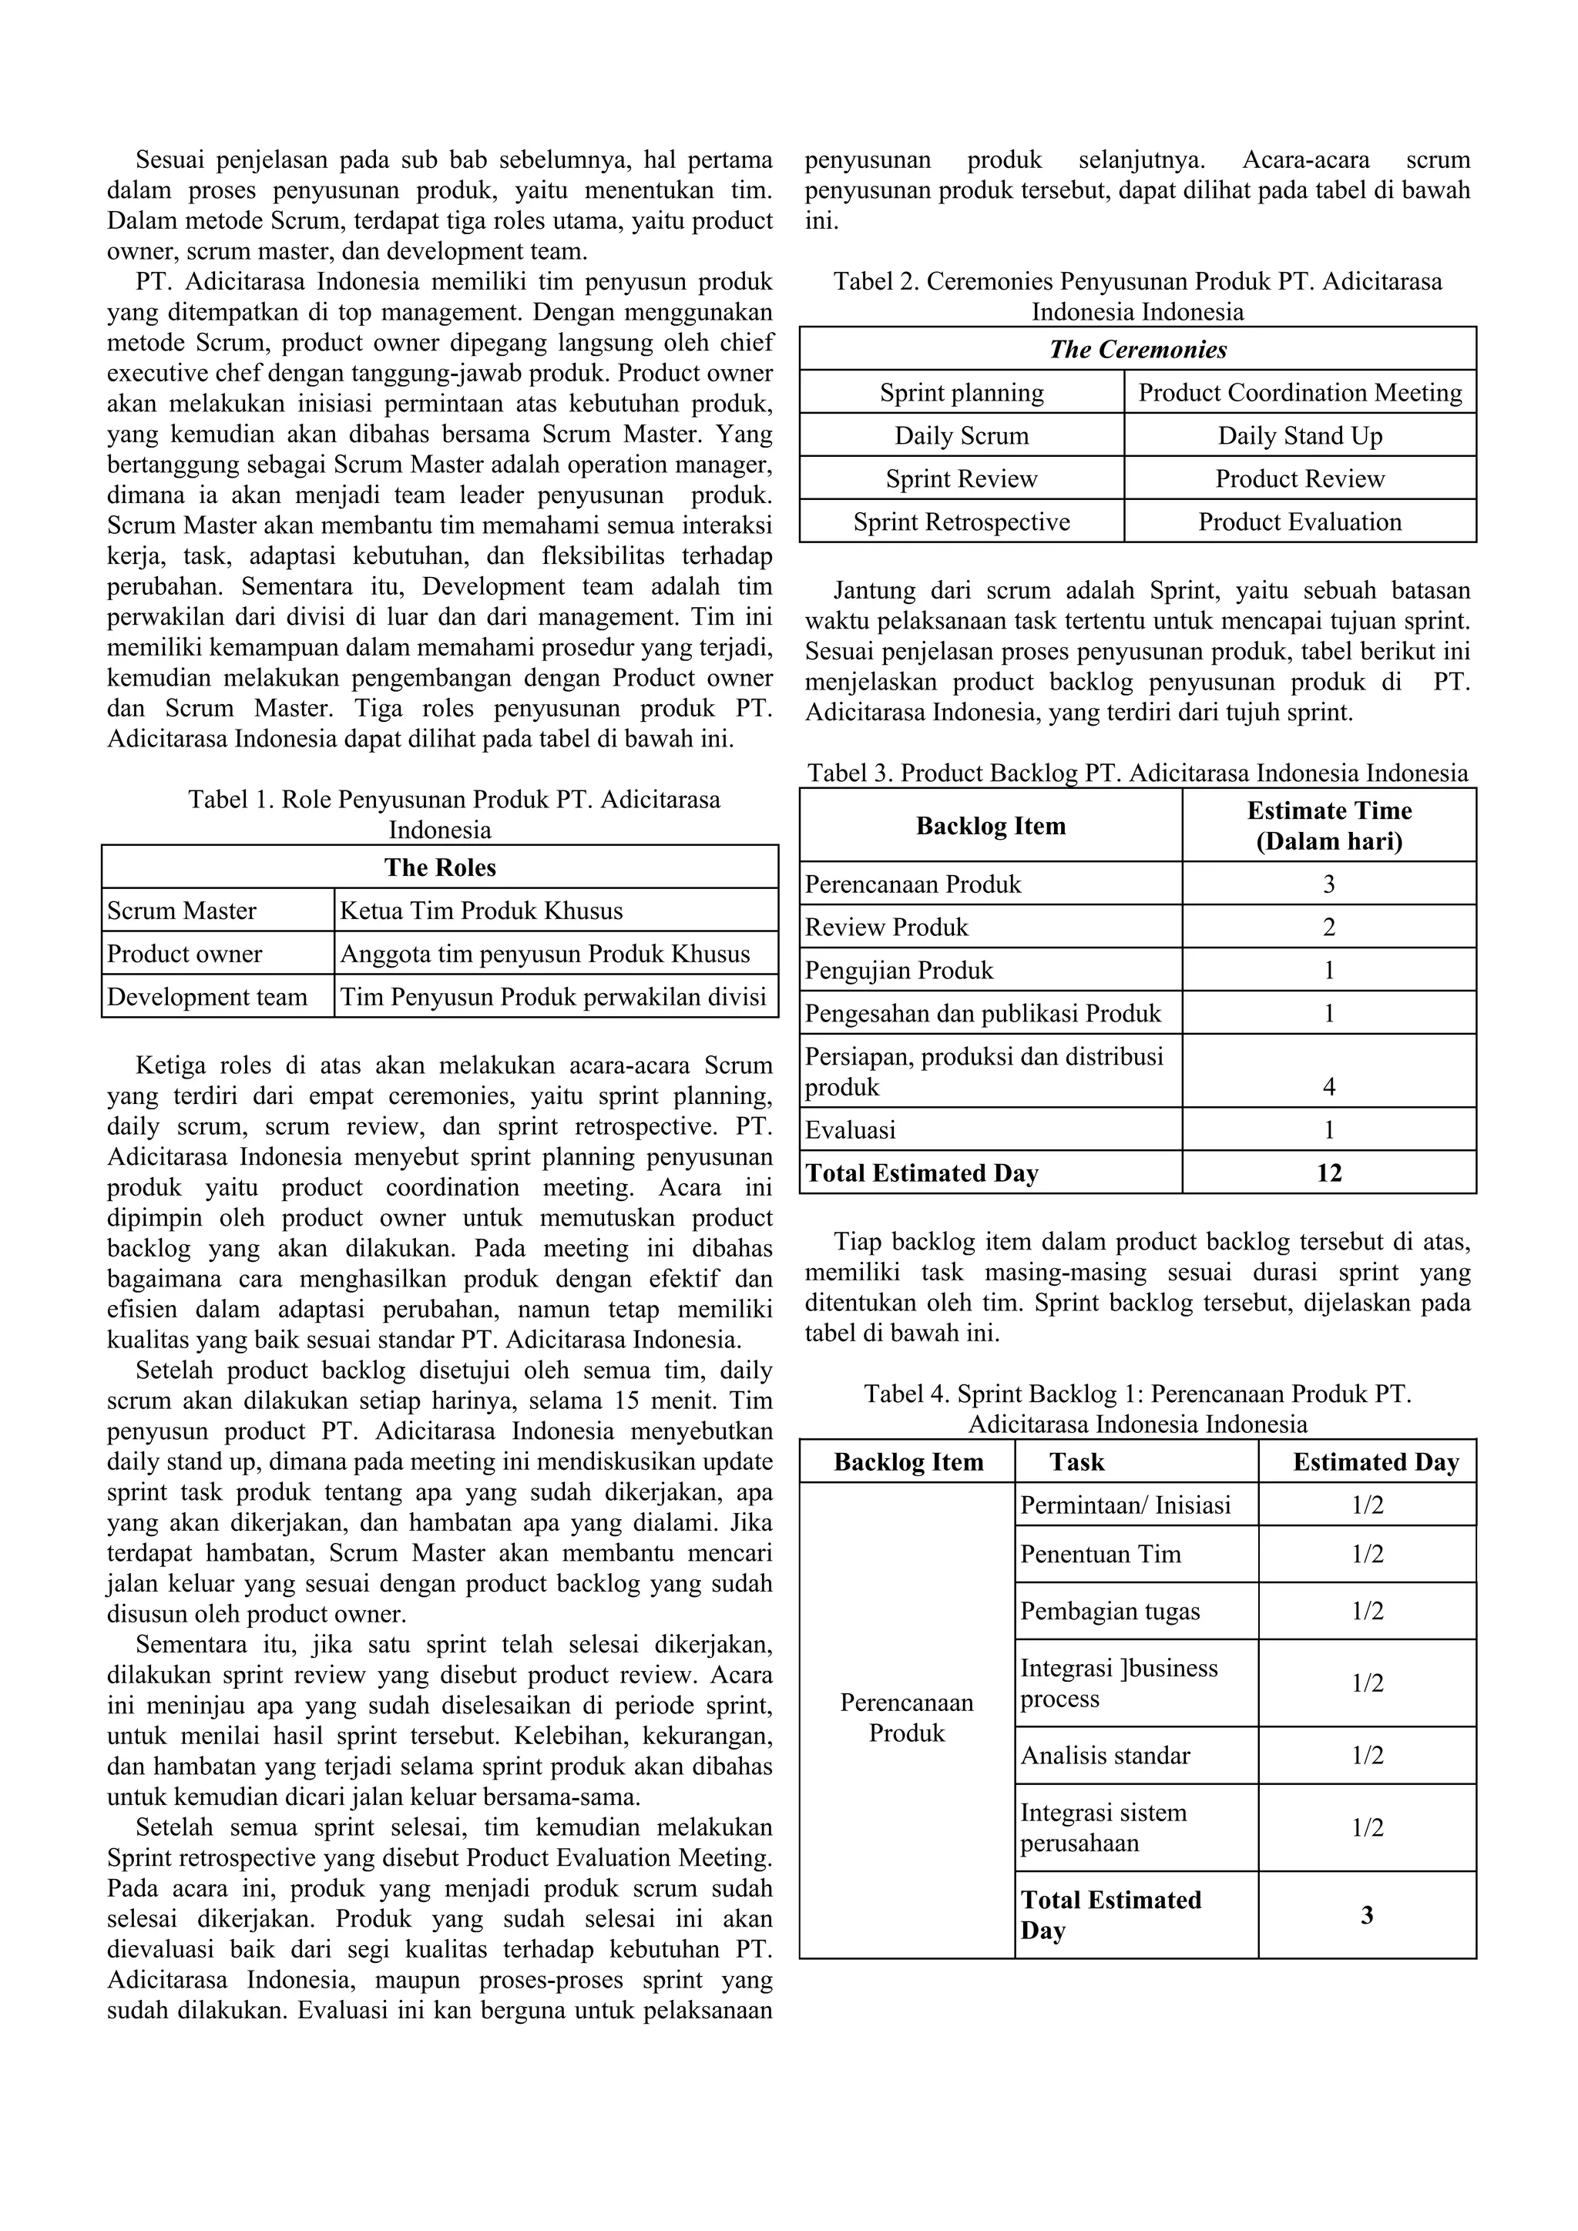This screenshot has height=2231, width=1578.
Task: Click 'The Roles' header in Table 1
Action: [x=439, y=867]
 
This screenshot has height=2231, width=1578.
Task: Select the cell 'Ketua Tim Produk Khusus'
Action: [x=481, y=911]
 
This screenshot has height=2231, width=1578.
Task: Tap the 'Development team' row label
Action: [x=207, y=996]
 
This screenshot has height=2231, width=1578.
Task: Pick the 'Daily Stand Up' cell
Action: [x=1299, y=435]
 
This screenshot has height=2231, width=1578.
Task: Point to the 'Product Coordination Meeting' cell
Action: [x=1299, y=393]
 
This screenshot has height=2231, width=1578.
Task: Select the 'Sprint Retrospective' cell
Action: [x=961, y=522]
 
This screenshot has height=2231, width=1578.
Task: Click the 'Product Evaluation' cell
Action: [x=1299, y=522]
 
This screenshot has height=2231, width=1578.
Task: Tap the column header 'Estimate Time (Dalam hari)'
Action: [x=1328, y=825]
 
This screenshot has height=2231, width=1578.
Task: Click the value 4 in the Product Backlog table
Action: [x=1328, y=1086]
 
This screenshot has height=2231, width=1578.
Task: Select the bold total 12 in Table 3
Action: [x=1328, y=1173]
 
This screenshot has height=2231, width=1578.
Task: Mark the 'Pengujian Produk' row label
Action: [x=899, y=970]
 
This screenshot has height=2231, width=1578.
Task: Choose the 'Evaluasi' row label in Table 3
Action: [x=850, y=1130]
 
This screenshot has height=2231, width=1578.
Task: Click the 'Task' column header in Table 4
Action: [x=1076, y=1461]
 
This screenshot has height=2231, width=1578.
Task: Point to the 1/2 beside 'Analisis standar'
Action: [x=1366, y=1756]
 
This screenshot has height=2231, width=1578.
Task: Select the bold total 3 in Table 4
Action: [x=1366, y=1915]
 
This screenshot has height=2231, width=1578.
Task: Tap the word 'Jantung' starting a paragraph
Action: [x=875, y=591]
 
